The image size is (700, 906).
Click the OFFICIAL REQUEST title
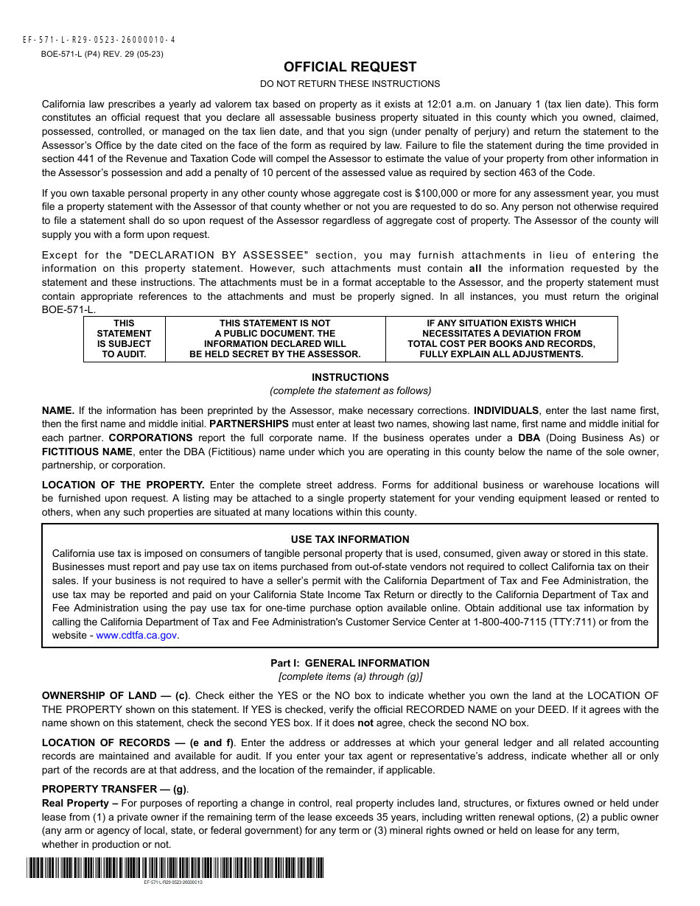point(350,67)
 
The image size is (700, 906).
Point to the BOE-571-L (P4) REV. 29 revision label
point(102,54)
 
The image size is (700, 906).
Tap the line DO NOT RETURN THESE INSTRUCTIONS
point(350,84)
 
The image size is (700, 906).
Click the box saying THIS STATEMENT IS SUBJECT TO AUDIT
point(124,339)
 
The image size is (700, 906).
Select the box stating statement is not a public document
point(275,339)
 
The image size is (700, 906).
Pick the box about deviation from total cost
point(501,339)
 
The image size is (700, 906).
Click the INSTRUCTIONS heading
point(350,377)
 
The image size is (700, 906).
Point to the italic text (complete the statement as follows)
point(350,390)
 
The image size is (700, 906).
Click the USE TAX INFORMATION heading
point(350,539)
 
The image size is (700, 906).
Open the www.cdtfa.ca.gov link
point(137,635)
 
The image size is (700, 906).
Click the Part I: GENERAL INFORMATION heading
point(350,663)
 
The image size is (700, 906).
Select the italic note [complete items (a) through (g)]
point(350,676)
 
